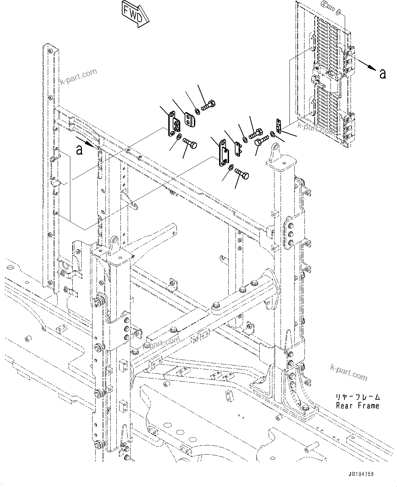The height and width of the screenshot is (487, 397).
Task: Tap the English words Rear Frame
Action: pos(357,406)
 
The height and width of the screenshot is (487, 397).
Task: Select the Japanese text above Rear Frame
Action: pos(357,397)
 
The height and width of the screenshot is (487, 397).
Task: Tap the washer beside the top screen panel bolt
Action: pos(338,13)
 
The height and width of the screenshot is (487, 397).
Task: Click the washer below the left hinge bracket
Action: pos(179,137)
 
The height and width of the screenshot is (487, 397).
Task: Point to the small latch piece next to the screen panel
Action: pos(279,126)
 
